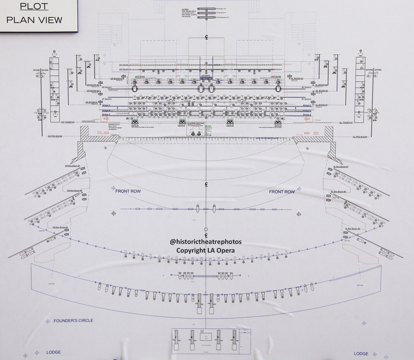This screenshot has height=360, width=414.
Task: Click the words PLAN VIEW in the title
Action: (x=34, y=20)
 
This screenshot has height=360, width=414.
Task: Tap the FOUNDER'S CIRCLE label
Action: (x=73, y=320)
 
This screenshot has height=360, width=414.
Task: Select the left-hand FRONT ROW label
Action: (x=128, y=191)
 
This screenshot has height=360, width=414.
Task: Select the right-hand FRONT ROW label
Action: (x=282, y=192)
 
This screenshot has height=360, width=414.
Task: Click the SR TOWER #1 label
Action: (x=68, y=122)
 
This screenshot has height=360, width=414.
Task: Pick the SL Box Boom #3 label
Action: (x=352, y=229)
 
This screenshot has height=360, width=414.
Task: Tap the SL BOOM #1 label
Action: (x=322, y=105)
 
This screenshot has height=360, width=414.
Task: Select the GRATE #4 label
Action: (x=135, y=126)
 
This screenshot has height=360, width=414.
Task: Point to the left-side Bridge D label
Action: (x=106, y=105)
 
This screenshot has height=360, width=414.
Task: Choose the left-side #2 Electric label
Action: (x=107, y=87)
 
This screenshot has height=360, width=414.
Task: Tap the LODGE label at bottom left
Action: (x=53, y=352)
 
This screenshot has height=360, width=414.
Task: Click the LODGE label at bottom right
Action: (x=361, y=354)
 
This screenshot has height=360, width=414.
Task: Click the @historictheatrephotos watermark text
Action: (x=205, y=242)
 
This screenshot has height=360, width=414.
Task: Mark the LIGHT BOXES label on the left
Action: (x=140, y=76)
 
